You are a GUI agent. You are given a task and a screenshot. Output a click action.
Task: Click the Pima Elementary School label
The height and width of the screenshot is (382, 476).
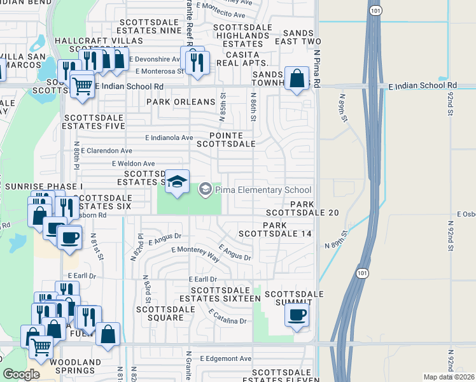[263, 190]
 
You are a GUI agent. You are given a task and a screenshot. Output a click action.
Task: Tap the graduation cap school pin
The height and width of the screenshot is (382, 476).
[178, 181]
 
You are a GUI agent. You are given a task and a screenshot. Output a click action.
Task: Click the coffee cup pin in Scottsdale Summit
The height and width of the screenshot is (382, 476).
[297, 315]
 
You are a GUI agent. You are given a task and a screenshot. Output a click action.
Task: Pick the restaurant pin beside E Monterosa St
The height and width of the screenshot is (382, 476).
[197, 62]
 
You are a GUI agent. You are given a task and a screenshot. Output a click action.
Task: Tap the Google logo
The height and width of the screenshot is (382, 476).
[21, 374]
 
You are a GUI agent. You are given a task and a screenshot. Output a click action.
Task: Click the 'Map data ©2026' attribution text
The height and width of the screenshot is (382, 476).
[449, 377]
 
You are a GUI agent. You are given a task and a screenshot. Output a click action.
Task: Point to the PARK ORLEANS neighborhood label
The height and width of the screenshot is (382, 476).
[181, 102]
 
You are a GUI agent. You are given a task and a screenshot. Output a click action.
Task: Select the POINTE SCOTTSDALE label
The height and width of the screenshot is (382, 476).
[232, 139]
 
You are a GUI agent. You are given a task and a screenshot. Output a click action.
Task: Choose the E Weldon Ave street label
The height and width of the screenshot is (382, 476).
[133, 164]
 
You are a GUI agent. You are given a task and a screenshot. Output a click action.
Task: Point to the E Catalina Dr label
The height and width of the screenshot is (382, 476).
[227, 316]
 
